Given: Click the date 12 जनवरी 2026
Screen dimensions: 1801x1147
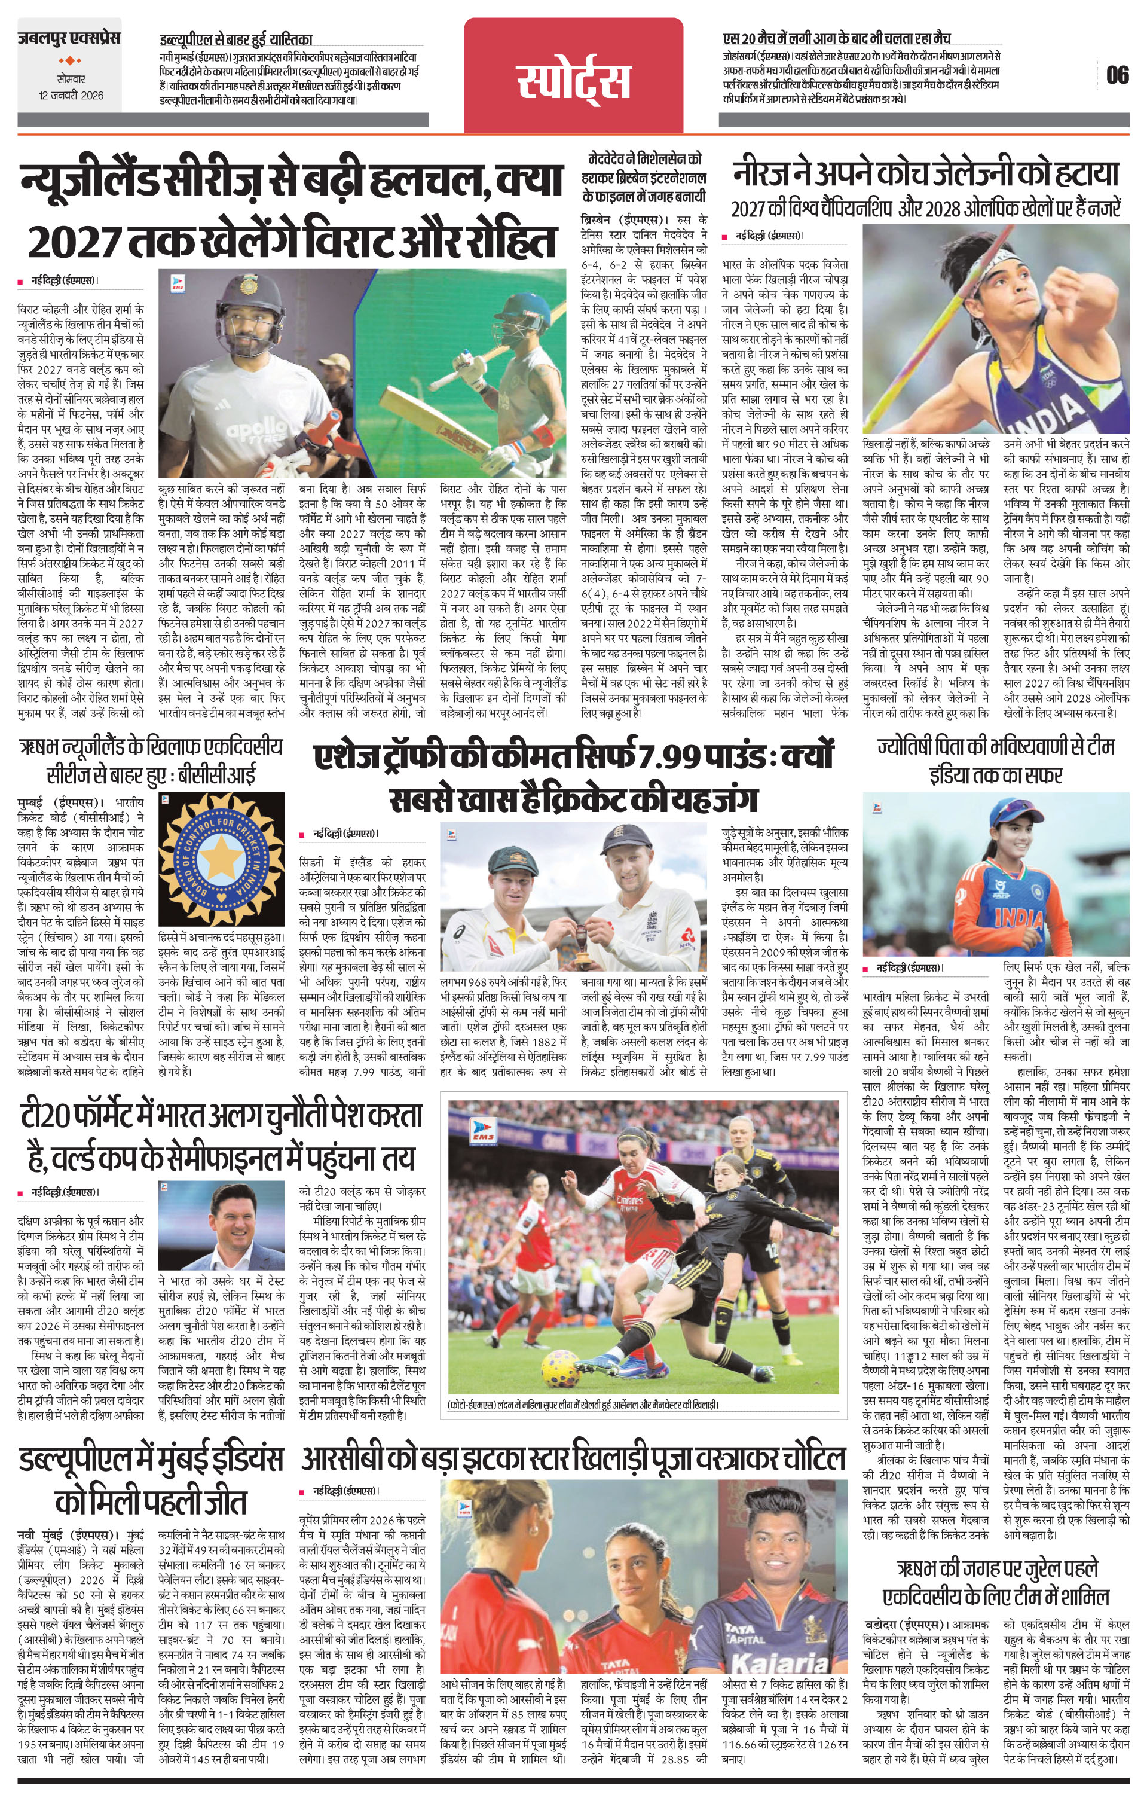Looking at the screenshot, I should (x=72, y=96).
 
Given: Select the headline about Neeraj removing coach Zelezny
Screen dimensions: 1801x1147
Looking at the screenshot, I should (x=926, y=175).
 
